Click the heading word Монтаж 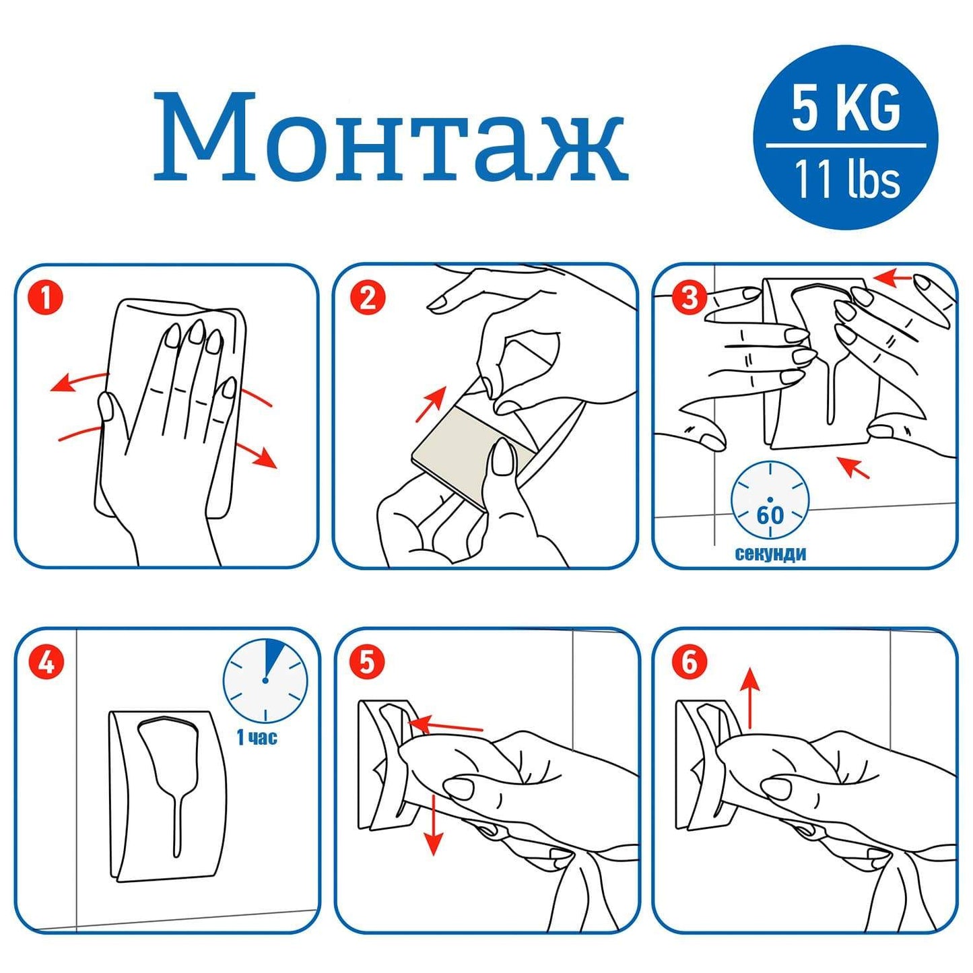click(391, 135)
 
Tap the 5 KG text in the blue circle click(846, 109)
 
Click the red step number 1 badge click(46, 298)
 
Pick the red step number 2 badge click(368, 298)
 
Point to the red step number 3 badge click(690, 298)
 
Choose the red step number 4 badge click(46, 662)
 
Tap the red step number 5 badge click(368, 662)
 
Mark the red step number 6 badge click(690, 662)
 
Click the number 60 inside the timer click(770, 515)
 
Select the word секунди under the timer click(770, 554)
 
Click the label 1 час click(257, 738)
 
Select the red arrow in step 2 click(431, 403)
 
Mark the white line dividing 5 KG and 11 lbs click(846, 145)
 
